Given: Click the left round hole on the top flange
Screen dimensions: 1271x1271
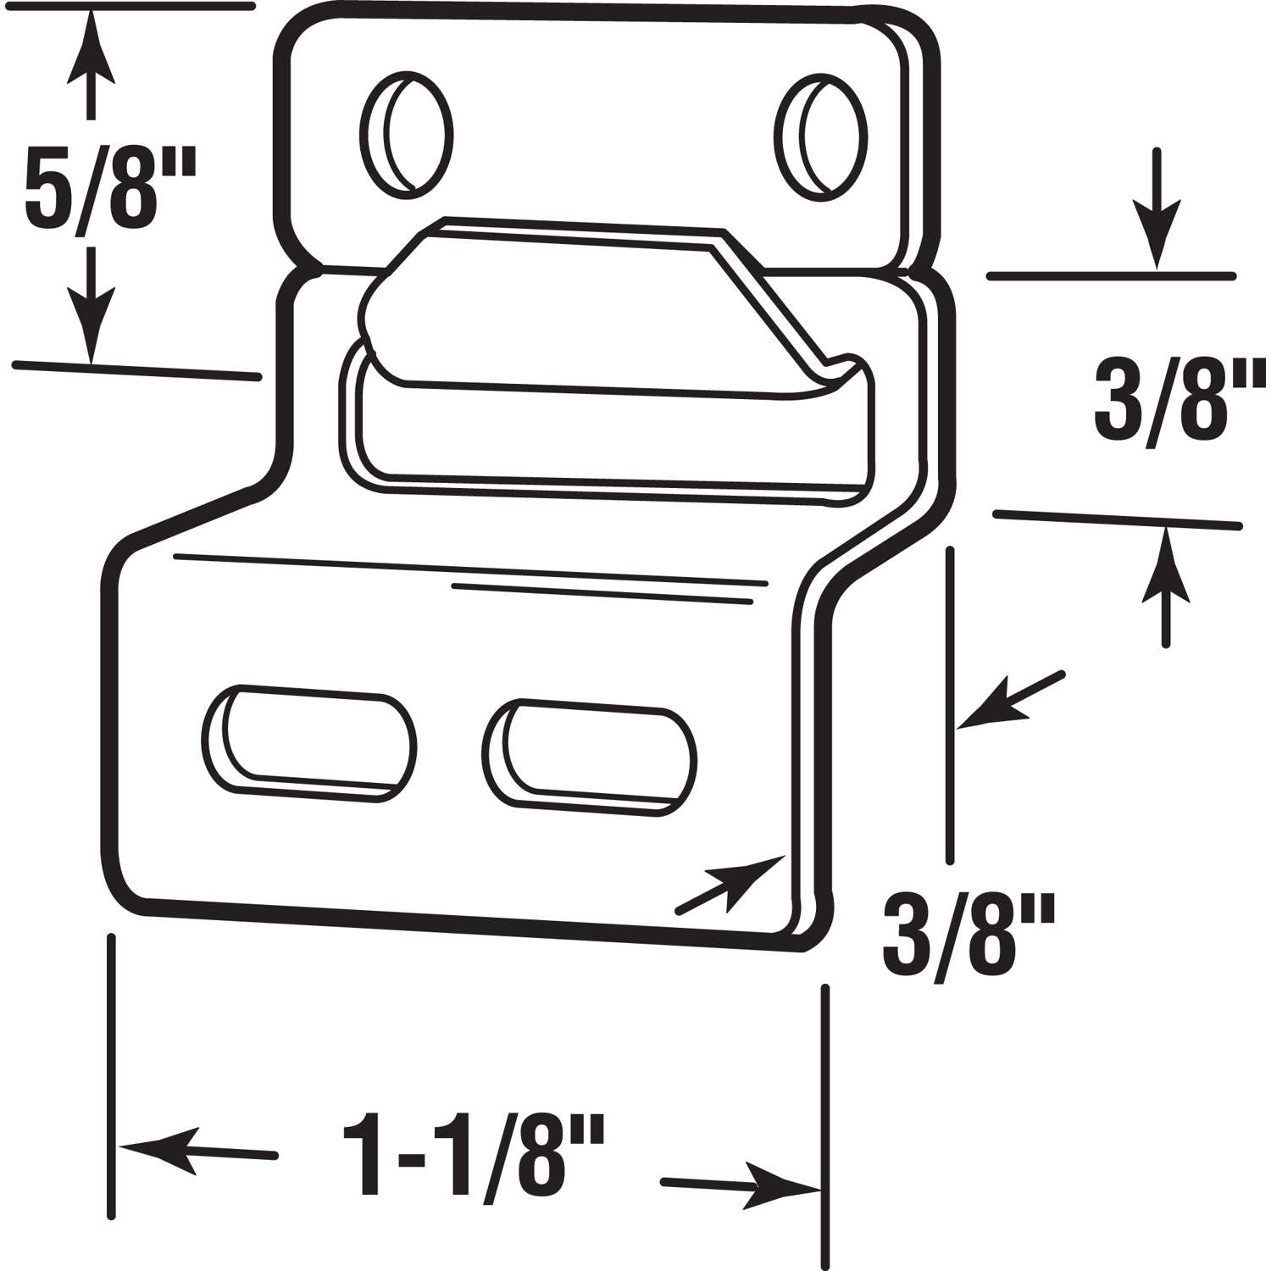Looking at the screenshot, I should point(407,136).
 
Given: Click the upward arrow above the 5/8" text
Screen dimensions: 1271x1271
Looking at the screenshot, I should point(91,64).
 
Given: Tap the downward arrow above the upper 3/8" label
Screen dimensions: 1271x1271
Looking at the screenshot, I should point(1157,212).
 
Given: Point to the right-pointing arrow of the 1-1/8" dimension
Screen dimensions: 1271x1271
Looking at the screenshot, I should point(746,1185).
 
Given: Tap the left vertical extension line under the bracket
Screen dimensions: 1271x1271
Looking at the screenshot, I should point(111,1076).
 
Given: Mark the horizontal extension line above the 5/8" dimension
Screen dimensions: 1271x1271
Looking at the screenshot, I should point(127,7).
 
